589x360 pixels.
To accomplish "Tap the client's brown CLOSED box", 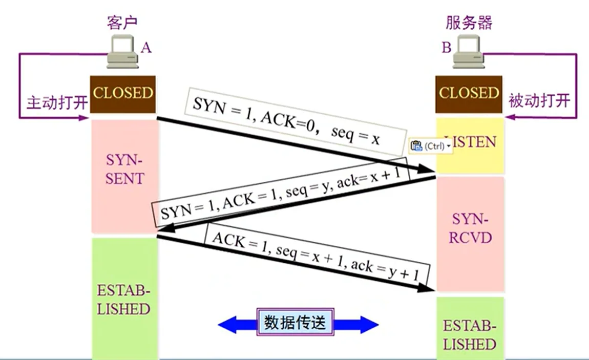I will coord(123,94).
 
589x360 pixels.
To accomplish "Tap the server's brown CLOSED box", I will coord(469,94).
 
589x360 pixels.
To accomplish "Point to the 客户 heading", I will coord(123,23).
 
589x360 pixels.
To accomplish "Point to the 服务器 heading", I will coord(469,23).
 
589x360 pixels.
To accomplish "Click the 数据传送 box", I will coord(295,323).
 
